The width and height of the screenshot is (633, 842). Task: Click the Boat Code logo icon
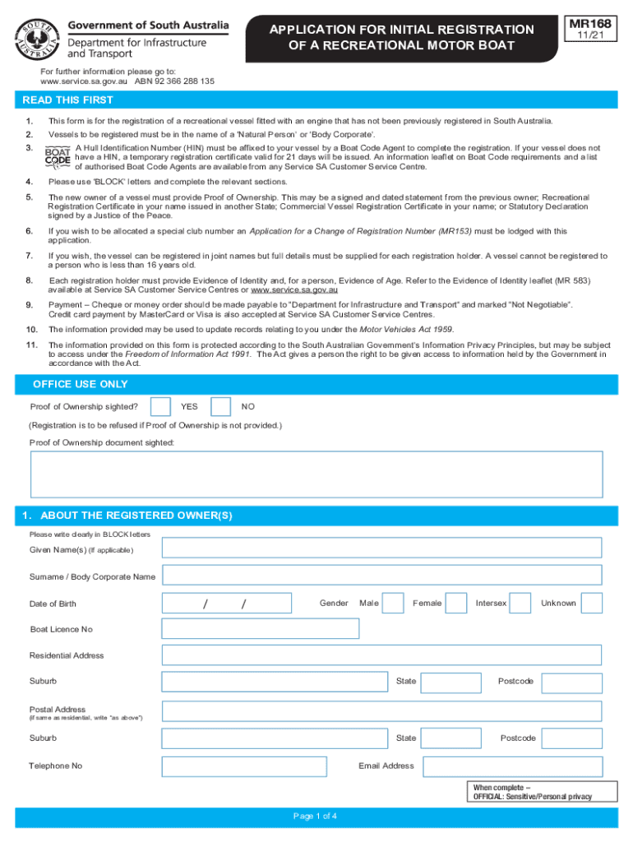click(x=58, y=155)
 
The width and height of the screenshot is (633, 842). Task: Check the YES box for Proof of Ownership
click(x=162, y=407)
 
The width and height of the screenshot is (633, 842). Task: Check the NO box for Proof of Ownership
click(x=220, y=407)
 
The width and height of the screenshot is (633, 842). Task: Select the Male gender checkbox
click(x=393, y=604)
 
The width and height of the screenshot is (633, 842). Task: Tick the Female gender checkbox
click(x=456, y=604)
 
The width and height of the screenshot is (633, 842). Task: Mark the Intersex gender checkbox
click(x=520, y=604)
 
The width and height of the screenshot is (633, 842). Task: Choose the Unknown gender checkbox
click(x=591, y=604)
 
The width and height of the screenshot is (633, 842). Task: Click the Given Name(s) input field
click(x=381, y=548)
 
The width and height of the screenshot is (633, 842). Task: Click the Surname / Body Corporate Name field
click(x=381, y=576)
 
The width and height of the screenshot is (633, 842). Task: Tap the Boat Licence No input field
click(x=261, y=629)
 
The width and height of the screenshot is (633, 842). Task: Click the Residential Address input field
click(x=381, y=655)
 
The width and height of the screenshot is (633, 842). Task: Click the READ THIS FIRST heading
click(x=67, y=100)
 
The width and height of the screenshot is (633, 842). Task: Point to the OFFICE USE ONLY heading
click(x=80, y=385)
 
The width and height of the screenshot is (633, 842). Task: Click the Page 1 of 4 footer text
click(x=316, y=817)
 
